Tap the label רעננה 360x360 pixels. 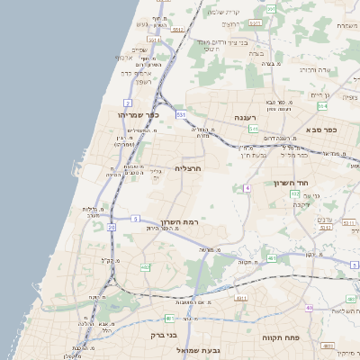pos(247,118)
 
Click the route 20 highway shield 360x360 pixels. pos(112,227)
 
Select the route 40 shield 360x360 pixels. pos(310,308)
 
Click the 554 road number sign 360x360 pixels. pos(321,105)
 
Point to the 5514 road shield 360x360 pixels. pos(155,40)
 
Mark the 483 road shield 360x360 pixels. pos(272,258)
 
